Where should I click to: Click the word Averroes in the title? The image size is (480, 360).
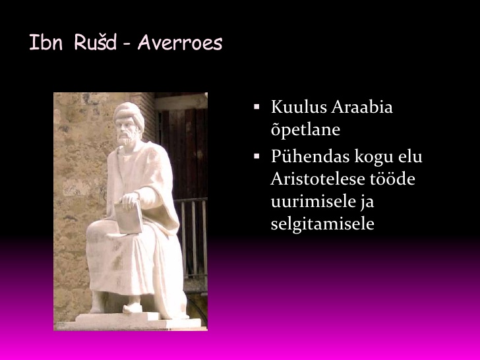point(180,42)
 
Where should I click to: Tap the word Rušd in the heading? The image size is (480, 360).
point(95,42)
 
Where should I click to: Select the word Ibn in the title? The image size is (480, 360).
point(46,42)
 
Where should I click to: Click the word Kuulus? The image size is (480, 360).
point(299,107)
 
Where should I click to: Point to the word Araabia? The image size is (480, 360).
point(362,107)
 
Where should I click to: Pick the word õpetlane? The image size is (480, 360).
point(305,129)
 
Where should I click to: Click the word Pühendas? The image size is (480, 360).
point(310,156)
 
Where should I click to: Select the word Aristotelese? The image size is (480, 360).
point(318,179)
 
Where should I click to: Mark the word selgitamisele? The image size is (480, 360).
point(322,224)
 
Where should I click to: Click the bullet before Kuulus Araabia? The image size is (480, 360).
point(256,107)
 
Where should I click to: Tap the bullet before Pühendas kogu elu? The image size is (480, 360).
point(256,156)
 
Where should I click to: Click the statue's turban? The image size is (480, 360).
point(129,113)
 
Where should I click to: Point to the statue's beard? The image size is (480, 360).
point(126,139)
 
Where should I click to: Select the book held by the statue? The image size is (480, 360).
point(129,218)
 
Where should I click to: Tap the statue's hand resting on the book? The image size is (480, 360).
point(129,199)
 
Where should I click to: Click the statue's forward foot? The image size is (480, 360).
point(133,308)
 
